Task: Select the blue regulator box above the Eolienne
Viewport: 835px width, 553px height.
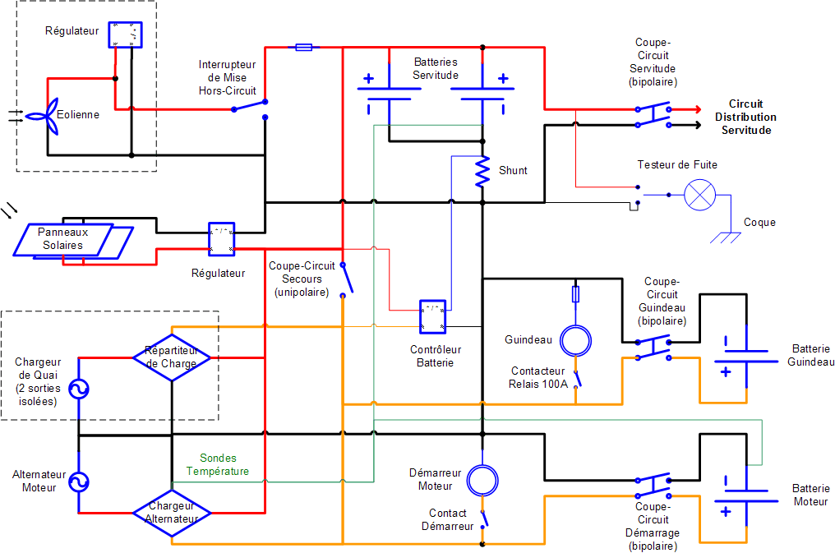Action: tap(125, 35)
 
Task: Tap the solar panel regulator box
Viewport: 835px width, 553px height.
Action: tap(222, 239)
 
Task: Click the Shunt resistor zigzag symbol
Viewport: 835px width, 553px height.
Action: tap(482, 172)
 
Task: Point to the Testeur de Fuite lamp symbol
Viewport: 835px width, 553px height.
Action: tap(699, 195)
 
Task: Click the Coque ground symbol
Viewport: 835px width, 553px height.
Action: tap(726, 237)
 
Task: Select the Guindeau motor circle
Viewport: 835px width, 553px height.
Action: tap(575, 341)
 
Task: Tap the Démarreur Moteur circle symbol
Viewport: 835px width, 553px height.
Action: tap(482, 481)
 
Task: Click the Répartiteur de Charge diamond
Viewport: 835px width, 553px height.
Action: tap(172, 357)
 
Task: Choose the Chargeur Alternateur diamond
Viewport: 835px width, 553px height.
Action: tap(172, 513)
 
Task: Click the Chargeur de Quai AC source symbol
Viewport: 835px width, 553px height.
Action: tap(79, 389)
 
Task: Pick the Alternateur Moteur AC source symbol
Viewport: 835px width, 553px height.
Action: tap(79, 482)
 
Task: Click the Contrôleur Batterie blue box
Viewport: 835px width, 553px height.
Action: tap(433, 316)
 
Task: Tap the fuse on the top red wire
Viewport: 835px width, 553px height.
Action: tap(303, 48)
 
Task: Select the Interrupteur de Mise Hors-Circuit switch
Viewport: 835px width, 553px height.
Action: tap(250, 106)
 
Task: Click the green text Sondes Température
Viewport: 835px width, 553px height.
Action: tap(218, 464)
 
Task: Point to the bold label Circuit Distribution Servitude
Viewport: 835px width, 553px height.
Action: tap(745, 118)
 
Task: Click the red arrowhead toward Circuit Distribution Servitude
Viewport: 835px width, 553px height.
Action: tap(697, 109)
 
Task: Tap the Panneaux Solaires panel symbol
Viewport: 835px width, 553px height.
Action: tap(73, 242)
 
